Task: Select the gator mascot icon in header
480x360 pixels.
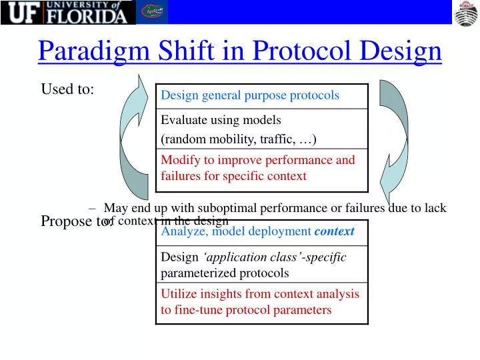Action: [153, 12]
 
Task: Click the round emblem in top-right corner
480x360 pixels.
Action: [466, 13]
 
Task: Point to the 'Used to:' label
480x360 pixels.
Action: [67, 89]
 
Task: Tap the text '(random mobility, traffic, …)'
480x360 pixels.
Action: [239, 139]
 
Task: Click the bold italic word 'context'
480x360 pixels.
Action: [334, 232]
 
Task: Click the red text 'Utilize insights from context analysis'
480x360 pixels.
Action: [260, 294]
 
